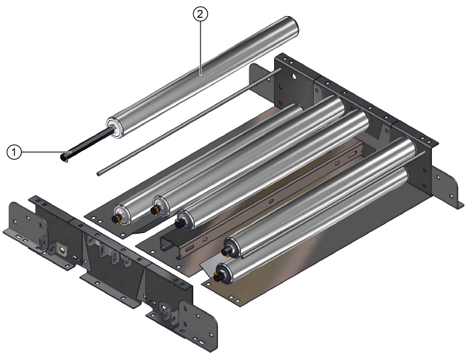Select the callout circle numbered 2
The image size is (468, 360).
198,13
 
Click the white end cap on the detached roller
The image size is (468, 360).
114,127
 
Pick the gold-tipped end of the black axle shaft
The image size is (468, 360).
64,158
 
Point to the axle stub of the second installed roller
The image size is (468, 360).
154,210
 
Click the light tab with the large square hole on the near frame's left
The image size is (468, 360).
62,251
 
